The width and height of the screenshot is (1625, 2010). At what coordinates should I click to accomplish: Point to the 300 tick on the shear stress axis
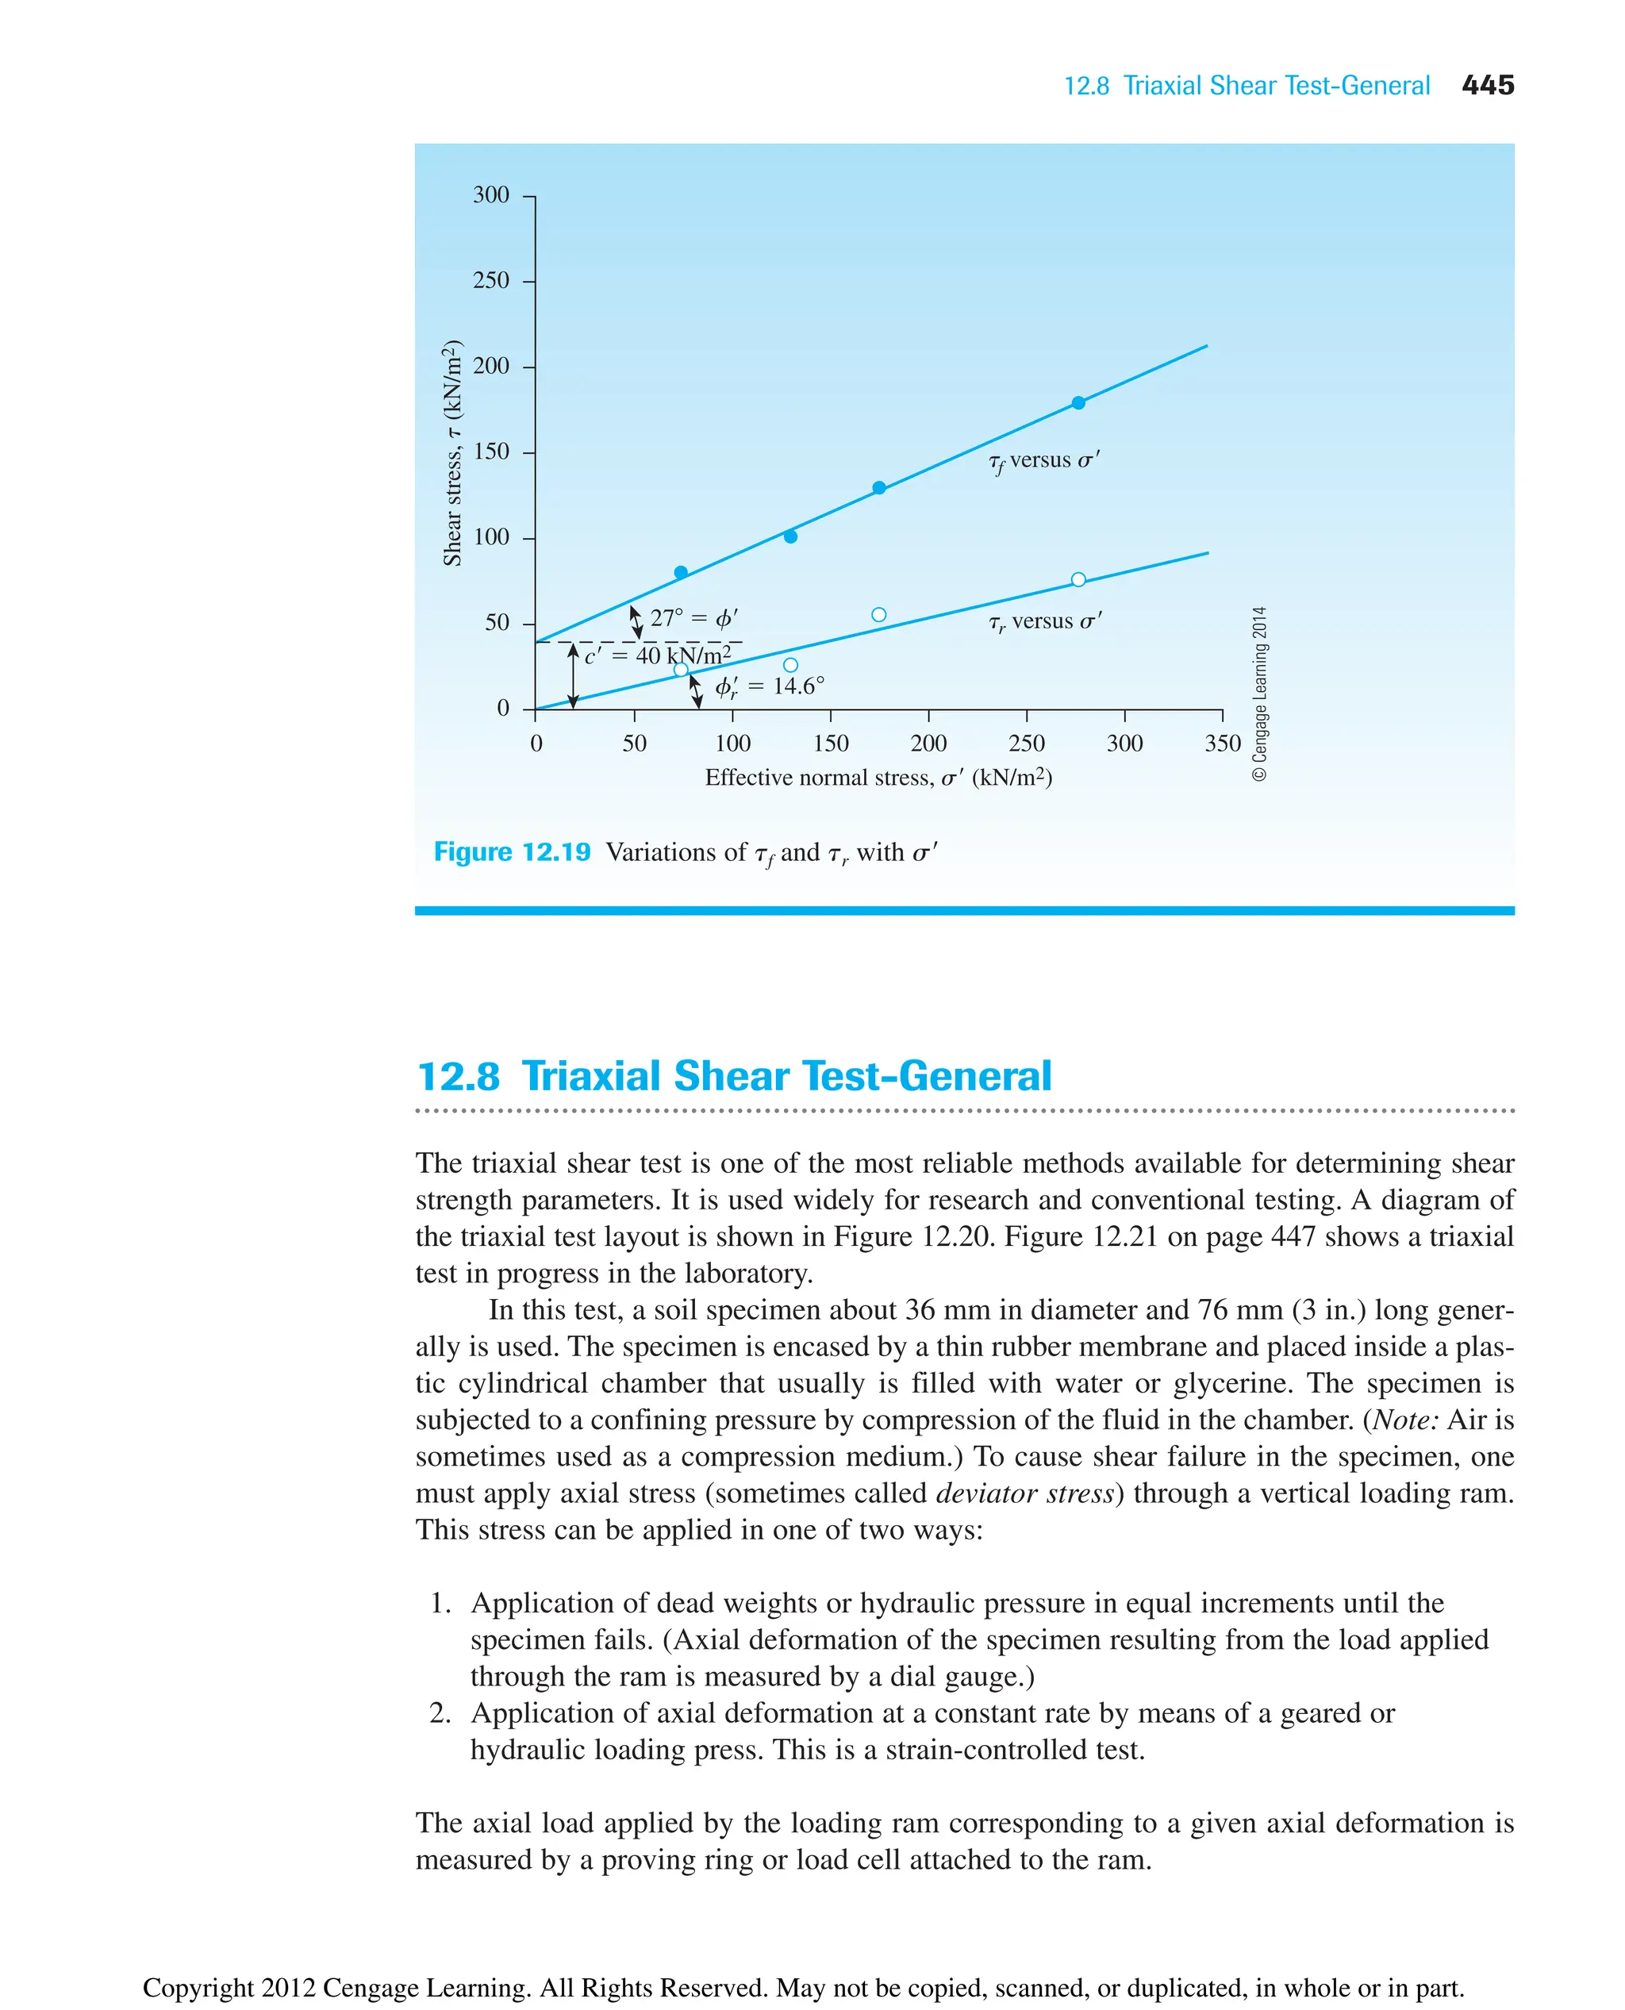point(490,194)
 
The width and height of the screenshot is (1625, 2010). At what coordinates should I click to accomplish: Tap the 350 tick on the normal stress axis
point(1222,744)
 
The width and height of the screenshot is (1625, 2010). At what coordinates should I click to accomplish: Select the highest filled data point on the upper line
point(1078,402)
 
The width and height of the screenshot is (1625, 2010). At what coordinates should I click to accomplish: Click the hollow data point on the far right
point(1078,579)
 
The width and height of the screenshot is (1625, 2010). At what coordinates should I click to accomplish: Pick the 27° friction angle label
point(693,618)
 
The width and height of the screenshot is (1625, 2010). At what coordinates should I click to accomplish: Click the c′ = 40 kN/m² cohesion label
point(657,655)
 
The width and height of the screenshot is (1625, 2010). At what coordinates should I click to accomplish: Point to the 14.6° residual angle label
point(770,686)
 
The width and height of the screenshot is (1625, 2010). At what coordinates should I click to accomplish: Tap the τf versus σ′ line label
point(1043,460)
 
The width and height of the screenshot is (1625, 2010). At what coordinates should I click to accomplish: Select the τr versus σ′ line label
point(1045,621)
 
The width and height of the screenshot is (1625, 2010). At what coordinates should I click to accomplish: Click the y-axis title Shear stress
point(452,453)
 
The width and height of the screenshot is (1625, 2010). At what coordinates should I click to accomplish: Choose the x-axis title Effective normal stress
point(878,778)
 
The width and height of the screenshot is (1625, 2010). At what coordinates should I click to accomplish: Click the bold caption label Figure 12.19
point(512,852)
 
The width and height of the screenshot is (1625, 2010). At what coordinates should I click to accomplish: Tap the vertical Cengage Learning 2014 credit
point(1260,693)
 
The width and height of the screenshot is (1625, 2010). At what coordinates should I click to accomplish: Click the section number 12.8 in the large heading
point(459,1076)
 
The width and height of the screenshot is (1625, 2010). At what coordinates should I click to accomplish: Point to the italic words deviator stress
point(1025,1493)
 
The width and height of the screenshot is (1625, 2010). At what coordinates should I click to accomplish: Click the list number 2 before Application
point(440,1712)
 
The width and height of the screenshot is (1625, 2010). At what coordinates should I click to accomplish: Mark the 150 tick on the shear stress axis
point(490,452)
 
